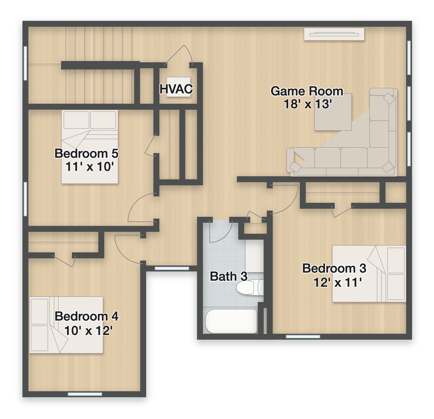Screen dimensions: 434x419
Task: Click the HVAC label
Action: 176,89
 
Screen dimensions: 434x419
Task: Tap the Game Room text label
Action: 307,91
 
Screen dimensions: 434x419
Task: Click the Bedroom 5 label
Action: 87,153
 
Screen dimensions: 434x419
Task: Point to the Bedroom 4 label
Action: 87,316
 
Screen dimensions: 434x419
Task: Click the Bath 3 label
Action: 229,276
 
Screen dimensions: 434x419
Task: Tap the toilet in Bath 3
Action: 250,287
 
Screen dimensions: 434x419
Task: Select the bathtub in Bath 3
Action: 231,321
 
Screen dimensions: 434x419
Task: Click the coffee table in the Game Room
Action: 333,112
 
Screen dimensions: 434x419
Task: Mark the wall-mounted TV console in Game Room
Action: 334,34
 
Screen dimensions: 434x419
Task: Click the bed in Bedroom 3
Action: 369,274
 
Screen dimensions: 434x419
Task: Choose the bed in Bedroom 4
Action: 66,325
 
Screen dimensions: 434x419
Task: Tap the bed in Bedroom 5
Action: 90,147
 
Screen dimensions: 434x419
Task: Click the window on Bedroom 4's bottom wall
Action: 85,394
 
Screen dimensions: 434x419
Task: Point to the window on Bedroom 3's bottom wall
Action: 303,336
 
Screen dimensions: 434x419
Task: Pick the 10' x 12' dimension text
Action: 88,330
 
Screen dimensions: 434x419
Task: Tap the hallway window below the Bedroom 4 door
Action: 172,268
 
